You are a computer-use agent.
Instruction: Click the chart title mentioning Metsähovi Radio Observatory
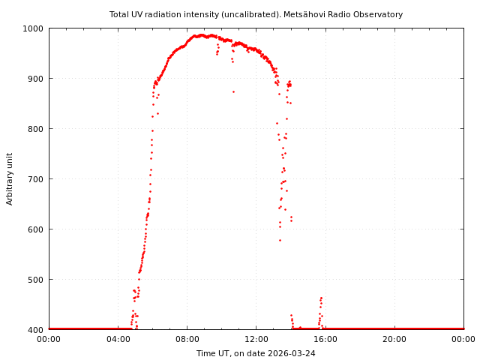[x=256, y=14]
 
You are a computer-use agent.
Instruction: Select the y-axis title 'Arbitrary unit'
[x=10, y=178]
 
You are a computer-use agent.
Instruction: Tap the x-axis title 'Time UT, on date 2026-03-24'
[x=256, y=353]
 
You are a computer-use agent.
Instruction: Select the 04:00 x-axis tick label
[x=118, y=340]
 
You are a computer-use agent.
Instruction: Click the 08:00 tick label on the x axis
[x=187, y=340]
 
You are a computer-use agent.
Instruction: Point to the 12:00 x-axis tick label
[x=256, y=340]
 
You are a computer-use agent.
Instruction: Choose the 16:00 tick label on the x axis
[x=325, y=340]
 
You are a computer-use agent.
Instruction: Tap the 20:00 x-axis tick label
[x=394, y=340]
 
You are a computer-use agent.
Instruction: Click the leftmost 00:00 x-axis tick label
[x=49, y=340]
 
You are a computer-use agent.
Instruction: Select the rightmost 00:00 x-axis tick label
[x=463, y=340]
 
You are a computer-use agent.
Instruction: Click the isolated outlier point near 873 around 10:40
[x=233, y=91]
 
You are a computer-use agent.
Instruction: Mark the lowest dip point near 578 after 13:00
[x=280, y=240]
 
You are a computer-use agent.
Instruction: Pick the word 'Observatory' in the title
[x=379, y=14]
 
